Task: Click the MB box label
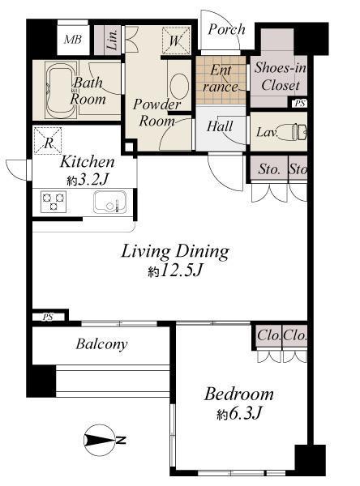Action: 73,40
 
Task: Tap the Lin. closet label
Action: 111,40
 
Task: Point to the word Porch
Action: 227,29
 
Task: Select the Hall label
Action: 220,126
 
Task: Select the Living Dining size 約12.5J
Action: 174,272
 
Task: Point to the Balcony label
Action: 101,344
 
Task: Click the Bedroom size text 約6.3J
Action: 238,415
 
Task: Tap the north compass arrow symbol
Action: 104,441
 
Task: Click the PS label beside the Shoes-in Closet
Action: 300,103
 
